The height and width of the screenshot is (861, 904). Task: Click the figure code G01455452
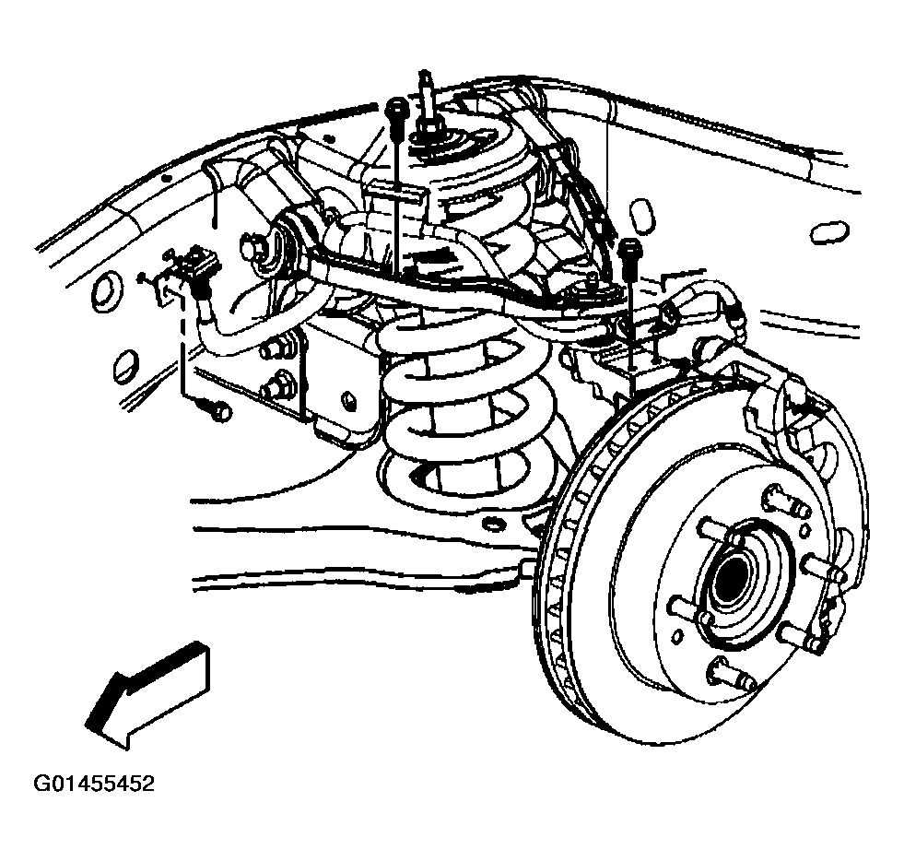tap(93, 784)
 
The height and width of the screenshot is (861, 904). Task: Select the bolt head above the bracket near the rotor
tap(630, 249)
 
